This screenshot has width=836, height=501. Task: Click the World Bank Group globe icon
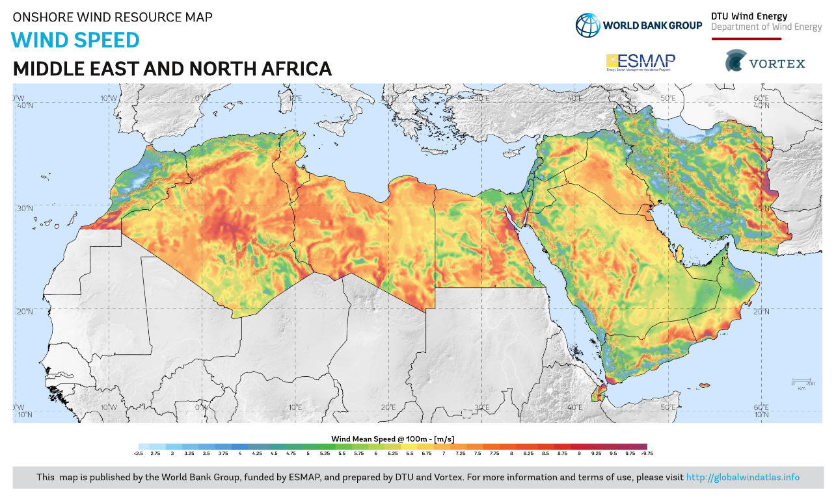pos(587,25)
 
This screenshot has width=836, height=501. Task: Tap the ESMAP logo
pos(640,62)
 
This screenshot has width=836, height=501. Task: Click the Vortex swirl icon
pos(736,60)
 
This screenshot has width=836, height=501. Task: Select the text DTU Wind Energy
pos(749,16)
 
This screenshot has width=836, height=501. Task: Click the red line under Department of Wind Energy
pos(746,39)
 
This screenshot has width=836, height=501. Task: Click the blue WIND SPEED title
pos(75,40)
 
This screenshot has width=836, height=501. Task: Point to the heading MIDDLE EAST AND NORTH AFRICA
pos(172,69)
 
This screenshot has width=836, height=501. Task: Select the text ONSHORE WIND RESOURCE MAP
pos(113,17)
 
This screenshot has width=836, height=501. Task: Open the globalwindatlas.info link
pos(742,478)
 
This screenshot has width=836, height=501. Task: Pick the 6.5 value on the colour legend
pos(410,453)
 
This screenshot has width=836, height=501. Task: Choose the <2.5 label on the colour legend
pos(138,453)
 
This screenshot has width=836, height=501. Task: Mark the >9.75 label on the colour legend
pos(647,453)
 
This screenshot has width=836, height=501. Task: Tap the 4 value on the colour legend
pos(240,453)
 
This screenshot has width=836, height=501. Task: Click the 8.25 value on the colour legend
pos(528,453)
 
